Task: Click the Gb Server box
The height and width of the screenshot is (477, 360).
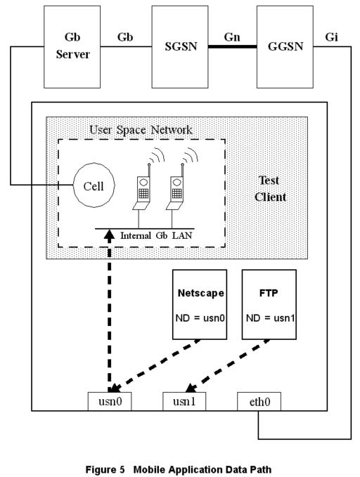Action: coord(72,47)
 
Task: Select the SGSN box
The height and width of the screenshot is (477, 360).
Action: coord(180,47)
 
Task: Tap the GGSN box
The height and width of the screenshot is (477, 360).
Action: coord(285,47)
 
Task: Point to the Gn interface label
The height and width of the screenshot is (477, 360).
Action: coord(232,37)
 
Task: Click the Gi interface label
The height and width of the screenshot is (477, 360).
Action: coord(331,37)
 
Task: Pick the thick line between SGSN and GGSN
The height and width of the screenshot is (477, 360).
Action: coord(233,46)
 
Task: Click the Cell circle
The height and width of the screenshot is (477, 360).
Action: coord(94,185)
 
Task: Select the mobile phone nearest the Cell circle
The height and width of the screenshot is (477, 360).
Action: coord(143,188)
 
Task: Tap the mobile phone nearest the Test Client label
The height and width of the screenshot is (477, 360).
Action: coord(176,188)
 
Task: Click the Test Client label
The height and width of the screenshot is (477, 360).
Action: coord(270,188)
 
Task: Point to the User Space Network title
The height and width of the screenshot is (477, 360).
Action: coord(141,130)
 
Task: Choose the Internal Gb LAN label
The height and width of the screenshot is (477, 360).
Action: coord(156,235)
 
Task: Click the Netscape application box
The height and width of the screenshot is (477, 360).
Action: coord(200,304)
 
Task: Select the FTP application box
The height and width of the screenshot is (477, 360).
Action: coord(269,304)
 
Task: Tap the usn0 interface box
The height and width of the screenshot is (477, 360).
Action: coord(110,401)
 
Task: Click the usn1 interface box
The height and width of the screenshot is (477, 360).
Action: coord(184,401)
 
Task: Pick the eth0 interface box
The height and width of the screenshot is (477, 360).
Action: coord(259,401)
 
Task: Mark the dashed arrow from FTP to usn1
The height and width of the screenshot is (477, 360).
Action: coord(228,366)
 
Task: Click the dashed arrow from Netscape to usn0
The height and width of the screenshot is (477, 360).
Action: coord(155,366)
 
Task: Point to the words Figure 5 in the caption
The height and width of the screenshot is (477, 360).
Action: coord(105,469)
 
